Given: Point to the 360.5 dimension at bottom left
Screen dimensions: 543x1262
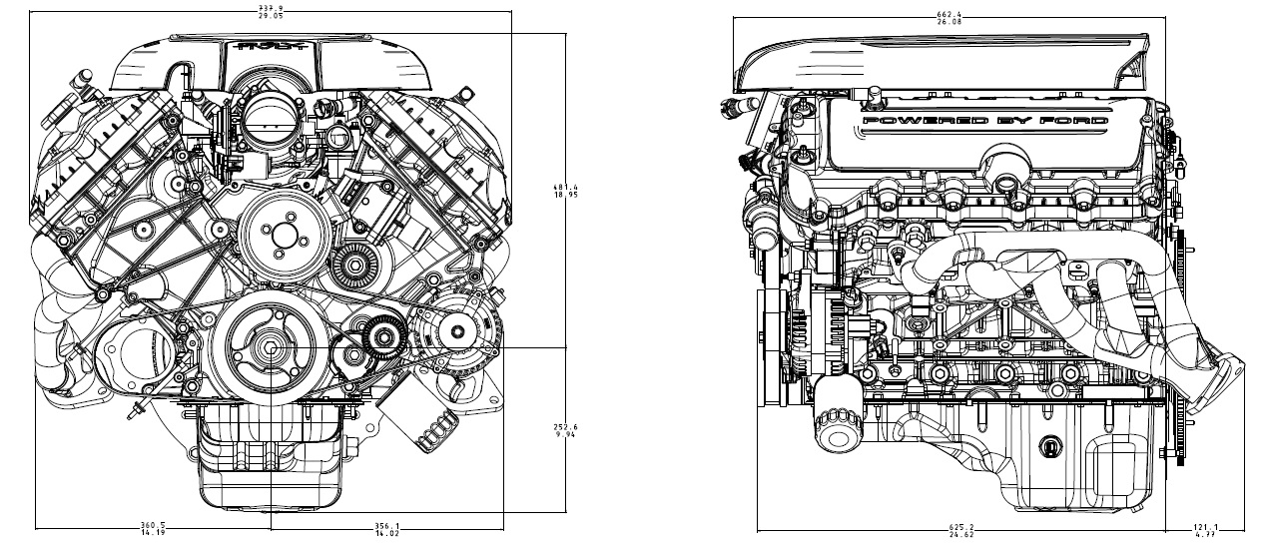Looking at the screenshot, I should pyautogui.click(x=153, y=529).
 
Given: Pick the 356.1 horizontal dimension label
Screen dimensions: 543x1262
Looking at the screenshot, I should pyautogui.click(x=384, y=529).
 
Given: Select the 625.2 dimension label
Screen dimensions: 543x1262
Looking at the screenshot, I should pyautogui.click(x=962, y=530).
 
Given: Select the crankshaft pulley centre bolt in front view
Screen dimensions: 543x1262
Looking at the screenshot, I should pyautogui.click(x=272, y=347).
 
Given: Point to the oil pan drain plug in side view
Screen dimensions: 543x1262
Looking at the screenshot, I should pyautogui.click(x=1050, y=446).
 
